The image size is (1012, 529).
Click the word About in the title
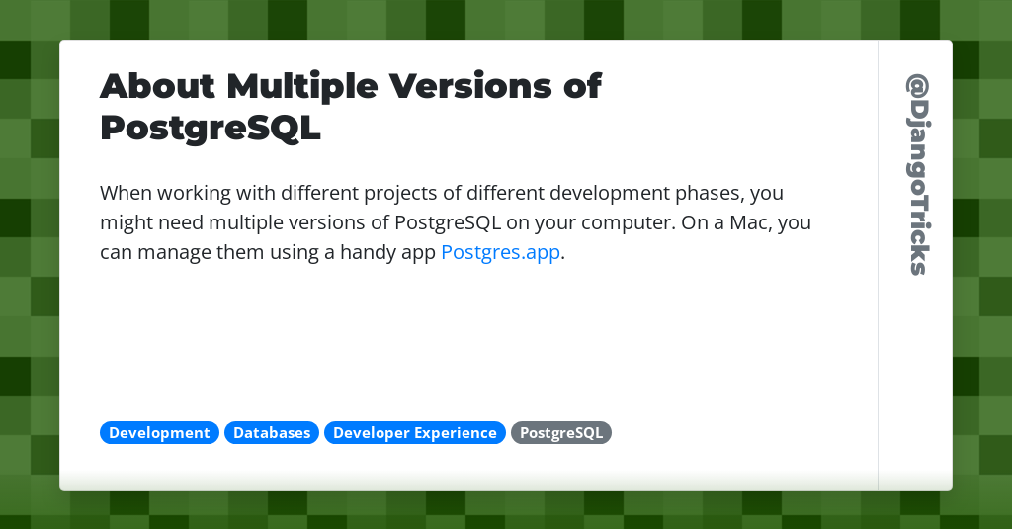click(x=157, y=86)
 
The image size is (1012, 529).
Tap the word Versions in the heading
click(x=470, y=86)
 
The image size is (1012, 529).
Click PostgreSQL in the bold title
click(x=211, y=128)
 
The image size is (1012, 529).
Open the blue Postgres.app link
click(x=500, y=252)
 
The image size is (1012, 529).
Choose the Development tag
click(x=159, y=433)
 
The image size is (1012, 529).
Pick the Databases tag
click(x=272, y=433)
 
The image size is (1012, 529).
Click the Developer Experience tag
click(x=415, y=433)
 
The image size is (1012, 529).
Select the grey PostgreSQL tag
click(x=561, y=433)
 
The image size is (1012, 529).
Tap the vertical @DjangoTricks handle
click(x=917, y=175)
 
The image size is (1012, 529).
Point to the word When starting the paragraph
click(x=126, y=193)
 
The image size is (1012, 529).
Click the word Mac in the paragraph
click(x=751, y=222)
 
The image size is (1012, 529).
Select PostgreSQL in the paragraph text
click(x=448, y=223)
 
